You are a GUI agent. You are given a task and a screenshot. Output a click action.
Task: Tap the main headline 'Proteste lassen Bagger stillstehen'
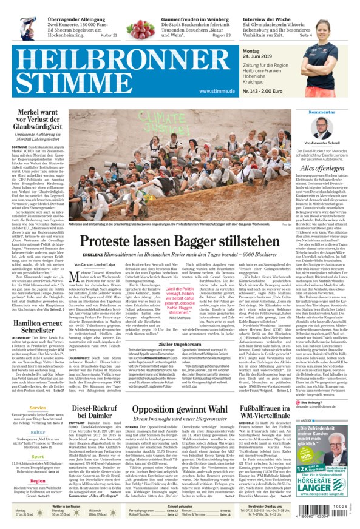point(180,241)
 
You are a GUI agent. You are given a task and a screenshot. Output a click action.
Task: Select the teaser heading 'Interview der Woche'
point(267,19)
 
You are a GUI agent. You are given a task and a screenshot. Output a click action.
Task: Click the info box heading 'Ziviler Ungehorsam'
point(180,344)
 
